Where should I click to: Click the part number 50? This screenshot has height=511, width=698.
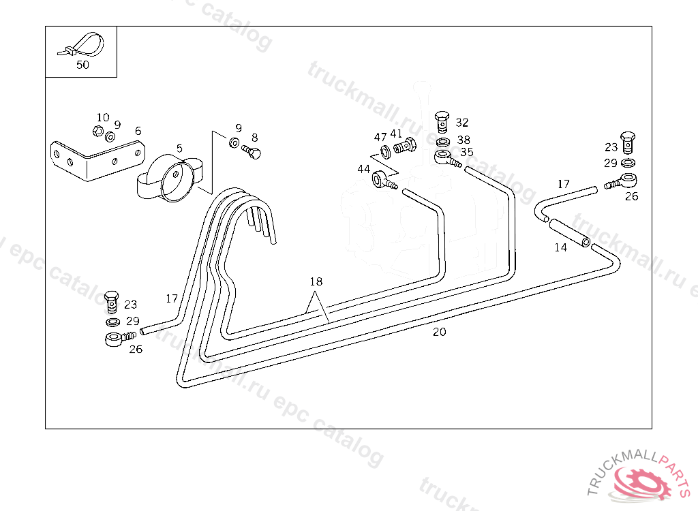pyautogui.click(x=82, y=65)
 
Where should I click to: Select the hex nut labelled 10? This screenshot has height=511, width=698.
pyautogui.click(x=97, y=130)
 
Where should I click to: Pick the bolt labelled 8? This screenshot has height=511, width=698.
pyautogui.click(x=253, y=151)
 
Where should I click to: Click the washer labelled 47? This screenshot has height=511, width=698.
pyautogui.click(x=384, y=149)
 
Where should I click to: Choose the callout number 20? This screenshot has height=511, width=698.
pyautogui.click(x=440, y=332)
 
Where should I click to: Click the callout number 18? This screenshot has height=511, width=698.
pyautogui.click(x=315, y=281)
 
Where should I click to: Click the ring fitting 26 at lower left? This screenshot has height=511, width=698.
pyautogui.click(x=115, y=339)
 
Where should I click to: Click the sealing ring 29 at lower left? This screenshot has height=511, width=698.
pyautogui.click(x=112, y=321)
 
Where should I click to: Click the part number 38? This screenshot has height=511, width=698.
pyautogui.click(x=464, y=140)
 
